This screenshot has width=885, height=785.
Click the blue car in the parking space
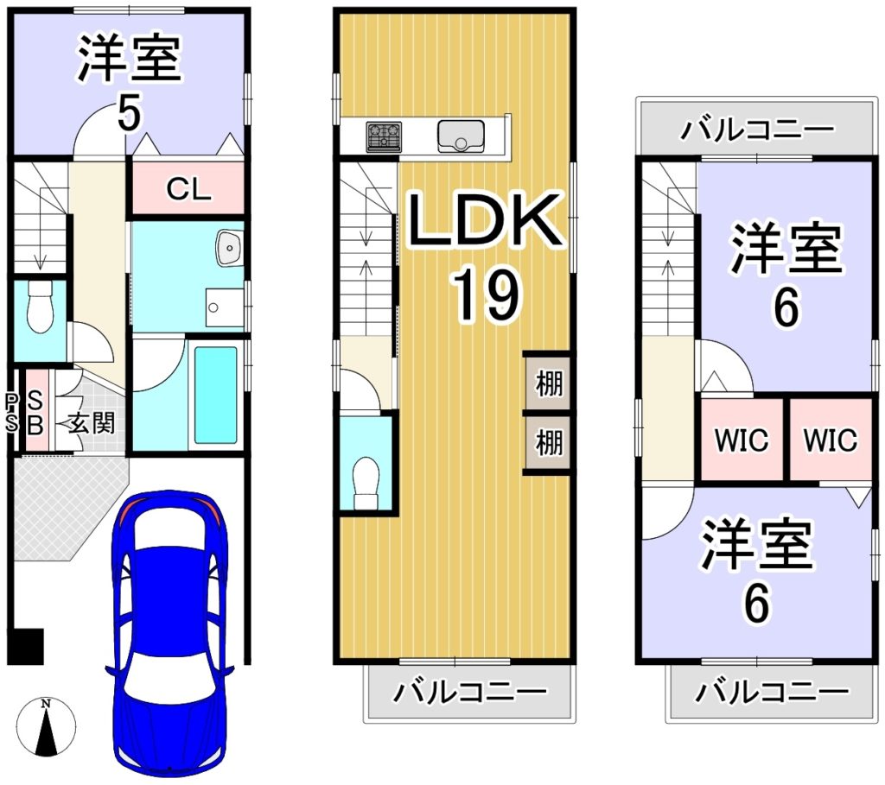(171, 633)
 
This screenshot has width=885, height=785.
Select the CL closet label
(188, 189)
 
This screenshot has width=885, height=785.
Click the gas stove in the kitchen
(384, 136)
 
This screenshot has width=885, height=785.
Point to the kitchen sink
(462, 136)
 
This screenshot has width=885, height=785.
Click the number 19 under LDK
(487, 295)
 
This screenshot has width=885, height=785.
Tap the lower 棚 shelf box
(547, 443)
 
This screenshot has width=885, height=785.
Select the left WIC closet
(742, 440)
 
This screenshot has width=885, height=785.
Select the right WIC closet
(831, 440)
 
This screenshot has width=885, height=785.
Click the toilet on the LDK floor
(366, 483)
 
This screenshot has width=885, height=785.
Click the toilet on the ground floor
(40, 308)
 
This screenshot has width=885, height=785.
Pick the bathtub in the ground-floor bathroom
(215, 395)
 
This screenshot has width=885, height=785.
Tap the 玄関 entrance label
(92, 423)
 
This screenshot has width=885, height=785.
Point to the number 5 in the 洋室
(130, 112)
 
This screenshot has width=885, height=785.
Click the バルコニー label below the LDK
(470, 692)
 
